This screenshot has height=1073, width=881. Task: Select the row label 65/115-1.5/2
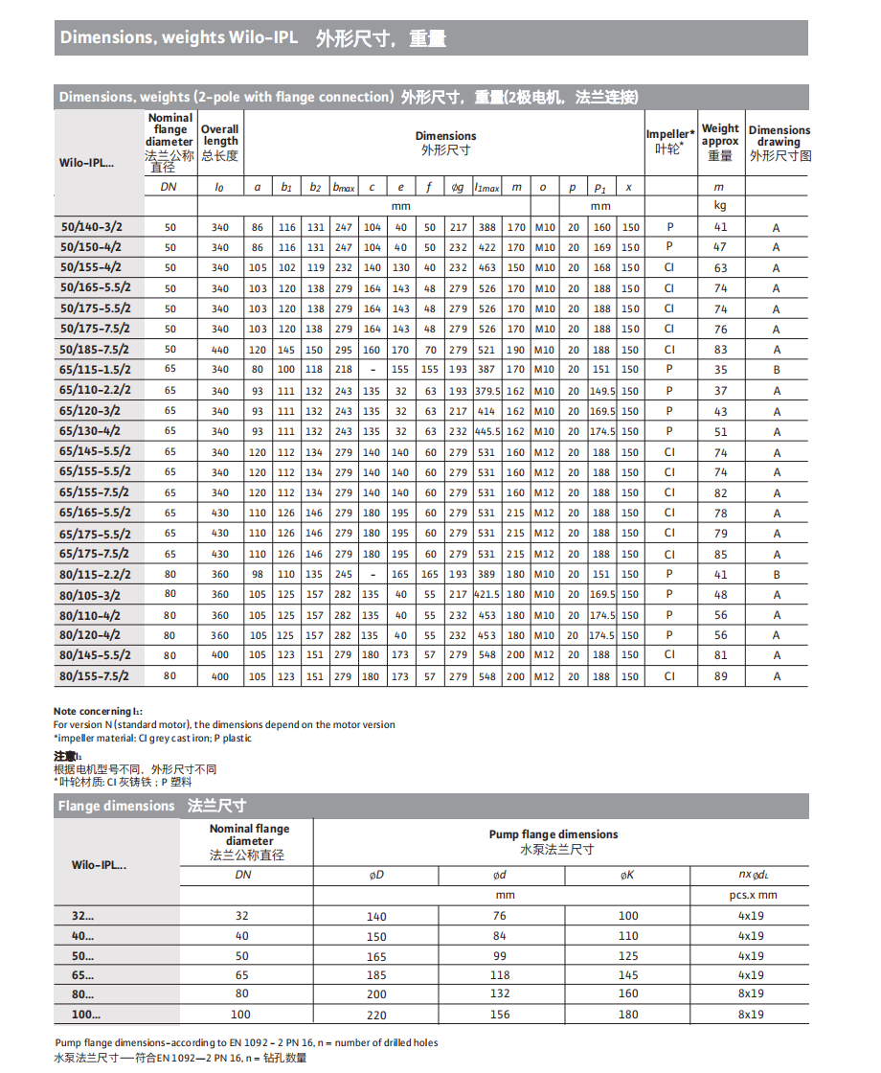click(95, 370)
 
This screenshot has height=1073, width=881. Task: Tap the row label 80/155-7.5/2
click(95, 676)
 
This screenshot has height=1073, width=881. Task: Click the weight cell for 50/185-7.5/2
click(720, 350)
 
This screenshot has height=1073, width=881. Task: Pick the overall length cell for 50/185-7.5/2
click(220, 350)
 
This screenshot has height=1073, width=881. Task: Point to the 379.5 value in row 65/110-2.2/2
click(487, 391)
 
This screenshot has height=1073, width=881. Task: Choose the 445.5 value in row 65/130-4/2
click(487, 431)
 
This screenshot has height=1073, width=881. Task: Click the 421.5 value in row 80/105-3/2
click(487, 594)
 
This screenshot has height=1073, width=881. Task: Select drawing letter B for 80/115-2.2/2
click(777, 575)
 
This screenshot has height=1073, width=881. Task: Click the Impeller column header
click(669, 142)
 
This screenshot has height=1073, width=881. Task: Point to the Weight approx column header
click(720, 141)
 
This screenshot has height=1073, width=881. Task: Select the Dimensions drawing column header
click(779, 142)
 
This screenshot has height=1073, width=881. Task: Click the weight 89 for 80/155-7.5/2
click(720, 676)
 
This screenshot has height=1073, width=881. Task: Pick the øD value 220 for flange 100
click(376, 1015)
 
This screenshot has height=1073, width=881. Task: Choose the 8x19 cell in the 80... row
click(751, 994)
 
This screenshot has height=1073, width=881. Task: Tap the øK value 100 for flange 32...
click(628, 917)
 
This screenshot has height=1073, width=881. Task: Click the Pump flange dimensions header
click(553, 834)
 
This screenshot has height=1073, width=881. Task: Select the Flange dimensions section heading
click(152, 806)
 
